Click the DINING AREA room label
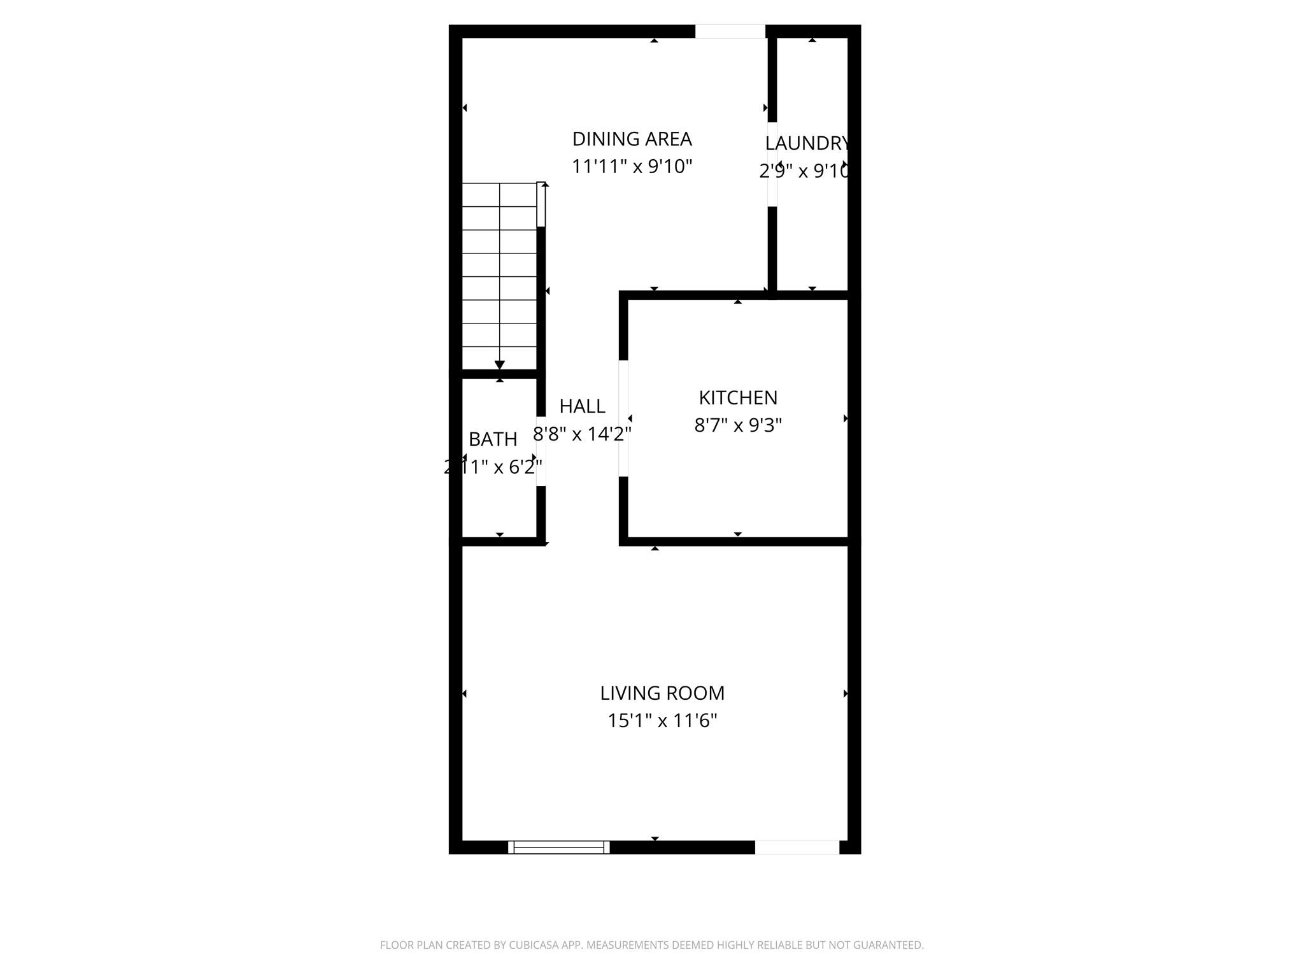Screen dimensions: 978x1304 pyautogui.click(x=632, y=139)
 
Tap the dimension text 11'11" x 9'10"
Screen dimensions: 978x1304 pyautogui.click(x=632, y=167)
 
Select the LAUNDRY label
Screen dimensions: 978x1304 pyautogui.click(x=807, y=143)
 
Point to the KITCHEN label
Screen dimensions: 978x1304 pyautogui.click(x=738, y=398)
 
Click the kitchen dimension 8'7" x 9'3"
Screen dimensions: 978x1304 pyautogui.click(x=738, y=425)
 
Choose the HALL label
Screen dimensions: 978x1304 pyautogui.click(x=582, y=406)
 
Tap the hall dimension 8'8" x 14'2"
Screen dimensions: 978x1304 pyautogui.click(x=582, y=434)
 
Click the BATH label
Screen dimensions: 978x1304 pyautogui.click(x=493, y=439)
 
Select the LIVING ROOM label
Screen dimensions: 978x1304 pyautogui.click(x=662, y=693)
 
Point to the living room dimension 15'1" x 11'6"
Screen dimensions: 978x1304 pyautogui.click(x=662, y=721)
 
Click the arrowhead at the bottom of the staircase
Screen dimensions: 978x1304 pyautogui.click(x=500, y=365)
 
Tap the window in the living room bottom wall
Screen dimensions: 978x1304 pyautogui.click(x=558, y=847)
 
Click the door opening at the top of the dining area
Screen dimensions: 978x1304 pyautogui.click(x=730, y=31)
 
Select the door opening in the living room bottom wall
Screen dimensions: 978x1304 pyautogui.click(x=797, y=847)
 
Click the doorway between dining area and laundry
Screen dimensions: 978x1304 pyautogui.click(x=772, y=164)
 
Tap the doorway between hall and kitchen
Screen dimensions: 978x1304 pyautogui.click(x=624, y=418)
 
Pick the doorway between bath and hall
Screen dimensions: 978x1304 pyautogui.click(x=541, y=451)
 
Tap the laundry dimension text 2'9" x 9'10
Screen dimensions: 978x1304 pyautogui.click(x=804, y=171)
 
